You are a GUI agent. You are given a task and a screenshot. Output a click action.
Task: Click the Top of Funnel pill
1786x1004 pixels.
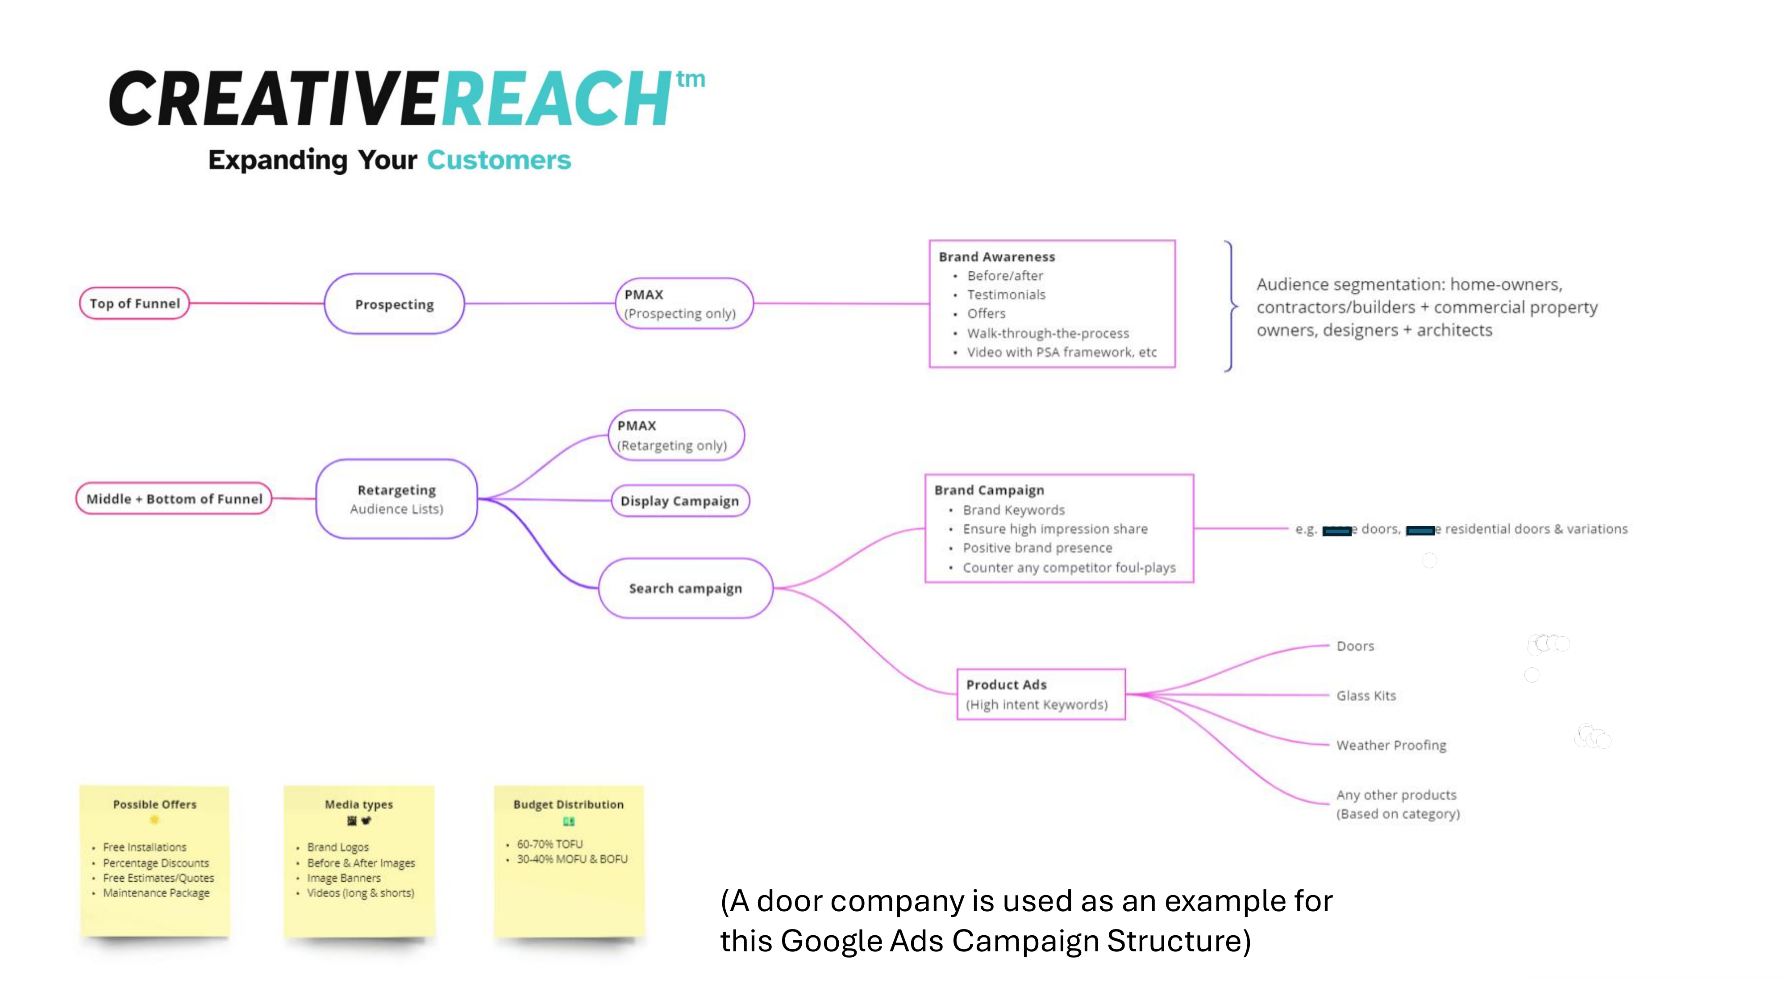(134, 303)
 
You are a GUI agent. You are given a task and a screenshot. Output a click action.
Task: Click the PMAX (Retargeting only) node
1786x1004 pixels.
(676, 435)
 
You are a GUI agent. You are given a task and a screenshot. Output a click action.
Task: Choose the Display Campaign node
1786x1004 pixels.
(679, 501)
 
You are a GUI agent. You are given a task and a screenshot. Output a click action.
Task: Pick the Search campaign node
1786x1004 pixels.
(685, 588)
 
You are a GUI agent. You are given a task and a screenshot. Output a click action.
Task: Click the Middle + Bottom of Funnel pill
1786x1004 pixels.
(174, 499)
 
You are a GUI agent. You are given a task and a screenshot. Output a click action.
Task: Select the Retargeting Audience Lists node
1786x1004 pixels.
(396, 499)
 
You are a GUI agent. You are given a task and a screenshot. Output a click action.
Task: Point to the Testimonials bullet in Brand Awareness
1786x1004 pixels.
(1006, 295)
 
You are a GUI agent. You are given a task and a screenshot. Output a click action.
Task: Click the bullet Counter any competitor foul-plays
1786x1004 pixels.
(1068, 568)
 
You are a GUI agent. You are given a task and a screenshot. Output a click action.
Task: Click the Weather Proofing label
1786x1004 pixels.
(1391, 746)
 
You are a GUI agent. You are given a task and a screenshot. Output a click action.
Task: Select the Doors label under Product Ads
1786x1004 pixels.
(1355, 646)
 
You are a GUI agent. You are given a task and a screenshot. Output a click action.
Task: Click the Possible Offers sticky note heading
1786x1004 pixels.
(154, 805)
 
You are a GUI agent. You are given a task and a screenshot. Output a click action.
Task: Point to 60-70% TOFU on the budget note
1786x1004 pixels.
(550, 844)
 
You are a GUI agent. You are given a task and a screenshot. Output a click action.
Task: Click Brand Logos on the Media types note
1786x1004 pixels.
(337, 847)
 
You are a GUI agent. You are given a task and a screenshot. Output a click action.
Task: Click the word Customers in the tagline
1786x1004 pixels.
(499, 160)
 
